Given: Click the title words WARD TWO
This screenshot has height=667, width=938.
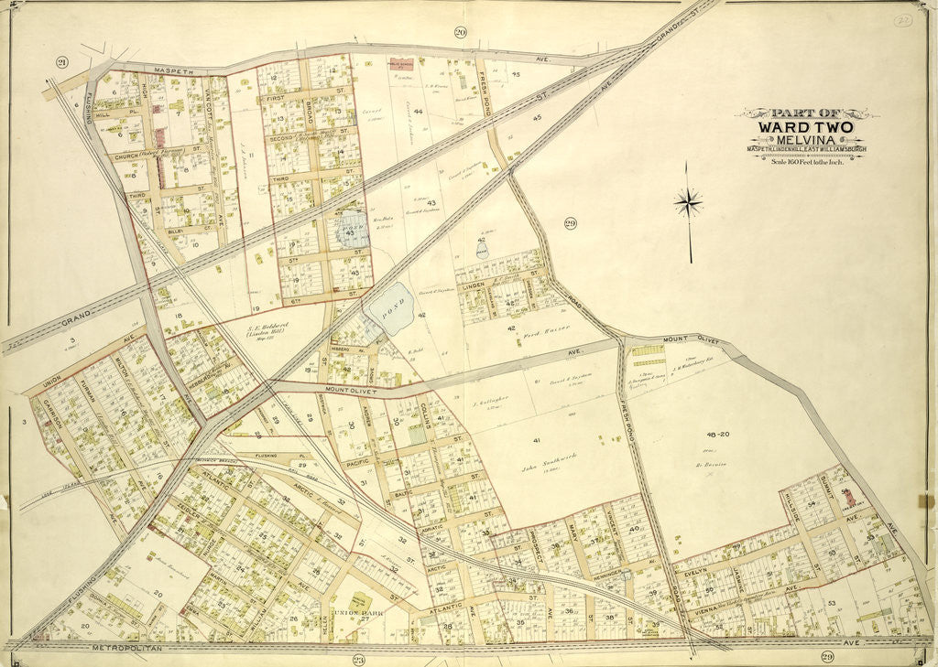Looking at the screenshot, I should pyautogui.click(x=805, y=126).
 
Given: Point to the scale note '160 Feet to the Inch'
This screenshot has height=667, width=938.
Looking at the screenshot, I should pyautogui.click(x=805, y=161).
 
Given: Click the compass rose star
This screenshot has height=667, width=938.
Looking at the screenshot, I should pyautogui.click(x=688, y=202).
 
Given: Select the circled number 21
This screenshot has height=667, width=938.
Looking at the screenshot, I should pyautogui.click(x=61, y=62).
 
